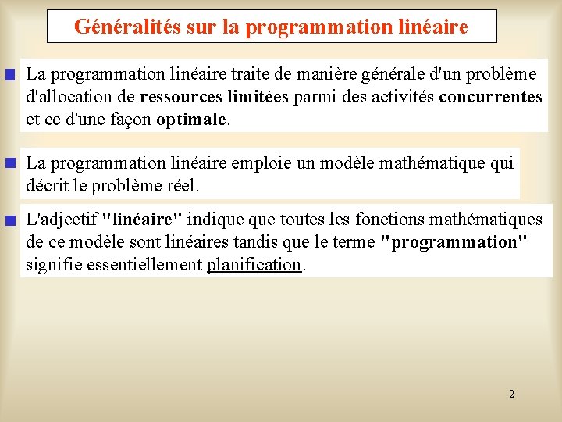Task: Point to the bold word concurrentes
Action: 490,98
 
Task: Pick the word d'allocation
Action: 70,98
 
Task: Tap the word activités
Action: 397,98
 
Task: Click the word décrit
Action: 47,186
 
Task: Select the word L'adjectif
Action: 62,220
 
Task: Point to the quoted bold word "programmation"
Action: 454,242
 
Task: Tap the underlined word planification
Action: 254,265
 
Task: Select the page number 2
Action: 511,394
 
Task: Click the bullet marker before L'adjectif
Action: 10,221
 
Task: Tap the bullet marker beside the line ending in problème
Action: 10,76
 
